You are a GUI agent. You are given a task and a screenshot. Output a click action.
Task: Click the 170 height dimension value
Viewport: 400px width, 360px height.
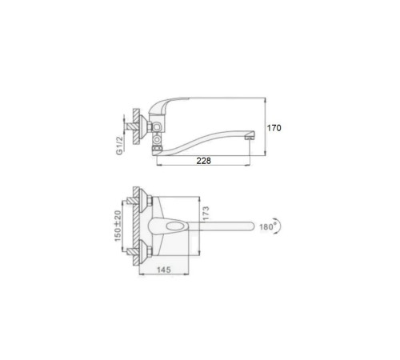pyautogui.click(x=274, y=128)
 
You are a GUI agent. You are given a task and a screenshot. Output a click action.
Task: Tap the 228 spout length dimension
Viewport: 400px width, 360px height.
pyautogui.click(x=203, y=161)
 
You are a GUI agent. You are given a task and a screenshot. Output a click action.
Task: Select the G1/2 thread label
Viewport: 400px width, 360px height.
pyautogui.click(x=119, y=146)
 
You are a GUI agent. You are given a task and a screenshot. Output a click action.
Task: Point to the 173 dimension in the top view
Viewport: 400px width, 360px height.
pyautogui.click(x=206, y=214)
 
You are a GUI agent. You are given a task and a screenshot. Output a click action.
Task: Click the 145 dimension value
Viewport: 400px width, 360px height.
pyautogui.click(x=163, y=270)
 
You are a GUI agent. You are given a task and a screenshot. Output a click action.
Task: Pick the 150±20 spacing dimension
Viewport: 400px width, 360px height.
pyautogui.click(x=118, y=226)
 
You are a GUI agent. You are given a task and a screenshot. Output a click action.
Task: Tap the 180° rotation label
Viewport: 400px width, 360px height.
pyautogui.click(x=266, y=226)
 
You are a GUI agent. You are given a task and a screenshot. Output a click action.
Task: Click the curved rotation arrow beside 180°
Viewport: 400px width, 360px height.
pyautogui.click(x=279, y=226)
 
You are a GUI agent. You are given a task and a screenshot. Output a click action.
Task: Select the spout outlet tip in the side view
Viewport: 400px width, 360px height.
pyautogui.click(x=250, y=137)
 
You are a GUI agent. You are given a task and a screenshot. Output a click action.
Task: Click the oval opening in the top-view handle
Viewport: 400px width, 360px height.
pyautogui.click(x=175, y=226)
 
